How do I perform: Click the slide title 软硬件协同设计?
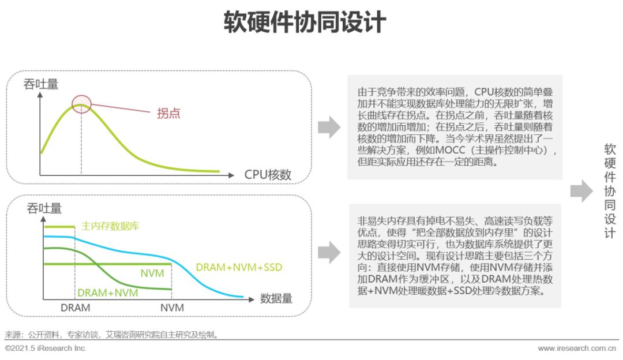click(x=305, y=23)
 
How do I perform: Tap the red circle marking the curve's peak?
click(x=81, y=104)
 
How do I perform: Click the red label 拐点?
click(x=168, y=113)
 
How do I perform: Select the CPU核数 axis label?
click(x=268, y=175)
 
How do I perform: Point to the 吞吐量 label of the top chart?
click(x=40, y=84)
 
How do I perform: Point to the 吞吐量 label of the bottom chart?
click(x=44, y=209)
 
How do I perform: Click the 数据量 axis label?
click(x=276, y=298)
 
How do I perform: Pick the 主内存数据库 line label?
click(x=110, y=226)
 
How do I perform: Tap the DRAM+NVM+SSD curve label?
click(x=239, y=267)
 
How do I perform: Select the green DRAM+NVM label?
click(x=108, y=292)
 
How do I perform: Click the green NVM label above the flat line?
click(x=152, y=272)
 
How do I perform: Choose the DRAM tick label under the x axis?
click(x=76, y=308)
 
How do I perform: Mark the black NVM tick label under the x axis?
click(x=172, y=308)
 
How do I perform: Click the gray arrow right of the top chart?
click(x=329, y=127)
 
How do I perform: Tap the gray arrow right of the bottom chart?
click(x=329, y=252)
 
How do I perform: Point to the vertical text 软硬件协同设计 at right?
click(x=610, y=191)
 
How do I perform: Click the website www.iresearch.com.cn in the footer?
click(x=577, y=348)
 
